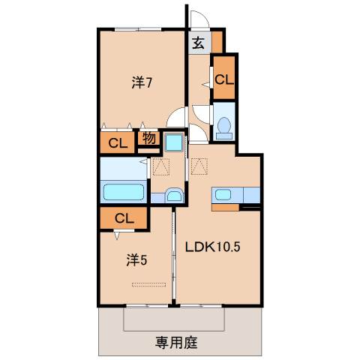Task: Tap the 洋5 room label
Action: [135, 260]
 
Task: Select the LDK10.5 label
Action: [212, 248]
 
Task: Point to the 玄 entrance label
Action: [198, 43]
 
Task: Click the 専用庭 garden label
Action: [176, 343]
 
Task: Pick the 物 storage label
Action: [148, 139]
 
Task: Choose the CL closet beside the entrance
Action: [223, 79]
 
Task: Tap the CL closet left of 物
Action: [116, 142]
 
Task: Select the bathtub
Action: [124, 192]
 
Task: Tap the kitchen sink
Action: [224, 196]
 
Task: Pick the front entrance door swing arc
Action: [196, 19]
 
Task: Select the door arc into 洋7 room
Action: [176, 118]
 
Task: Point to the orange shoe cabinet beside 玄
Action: [217, 40]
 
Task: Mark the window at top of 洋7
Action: [139, 28]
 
